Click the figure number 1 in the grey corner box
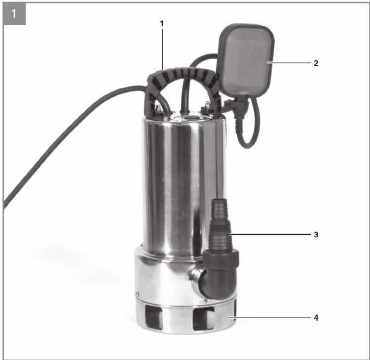[x=14, y=14]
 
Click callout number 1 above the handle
[x=162, y=24]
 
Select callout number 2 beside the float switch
[x=316, y=63]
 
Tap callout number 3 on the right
[x=316, y=235]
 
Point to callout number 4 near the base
[x=316, y=318]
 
